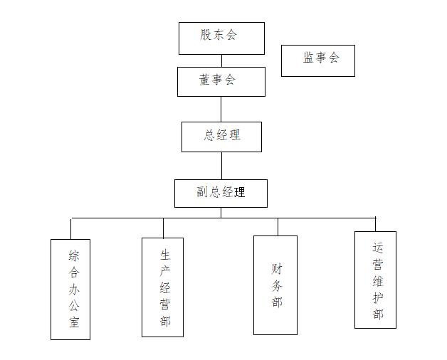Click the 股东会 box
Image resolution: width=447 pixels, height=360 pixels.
[221, 38]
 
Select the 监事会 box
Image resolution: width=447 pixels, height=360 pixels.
[318, 60]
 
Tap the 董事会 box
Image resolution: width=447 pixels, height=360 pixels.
[221, 81]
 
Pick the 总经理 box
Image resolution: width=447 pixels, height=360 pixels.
[221, 137]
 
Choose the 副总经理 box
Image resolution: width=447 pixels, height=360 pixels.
[221, 193]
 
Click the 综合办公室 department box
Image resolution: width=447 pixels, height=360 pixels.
[70, 289]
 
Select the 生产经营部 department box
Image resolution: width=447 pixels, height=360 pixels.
[162, 287]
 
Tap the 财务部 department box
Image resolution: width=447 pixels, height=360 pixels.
[275, 285]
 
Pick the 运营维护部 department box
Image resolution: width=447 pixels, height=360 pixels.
[375, 280]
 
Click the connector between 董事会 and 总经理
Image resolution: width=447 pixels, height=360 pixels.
[221, 109]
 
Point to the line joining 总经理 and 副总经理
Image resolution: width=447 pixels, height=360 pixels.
[221, 165]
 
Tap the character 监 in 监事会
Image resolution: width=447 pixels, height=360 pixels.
[309, 58]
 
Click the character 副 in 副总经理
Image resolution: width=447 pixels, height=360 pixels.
[202, 192]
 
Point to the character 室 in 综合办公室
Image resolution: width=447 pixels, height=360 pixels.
[74, 323]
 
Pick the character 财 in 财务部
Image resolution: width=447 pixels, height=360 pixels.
[277, 269]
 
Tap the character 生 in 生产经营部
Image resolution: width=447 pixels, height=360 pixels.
[165, 254]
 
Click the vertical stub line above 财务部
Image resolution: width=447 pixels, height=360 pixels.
[278, 226]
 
